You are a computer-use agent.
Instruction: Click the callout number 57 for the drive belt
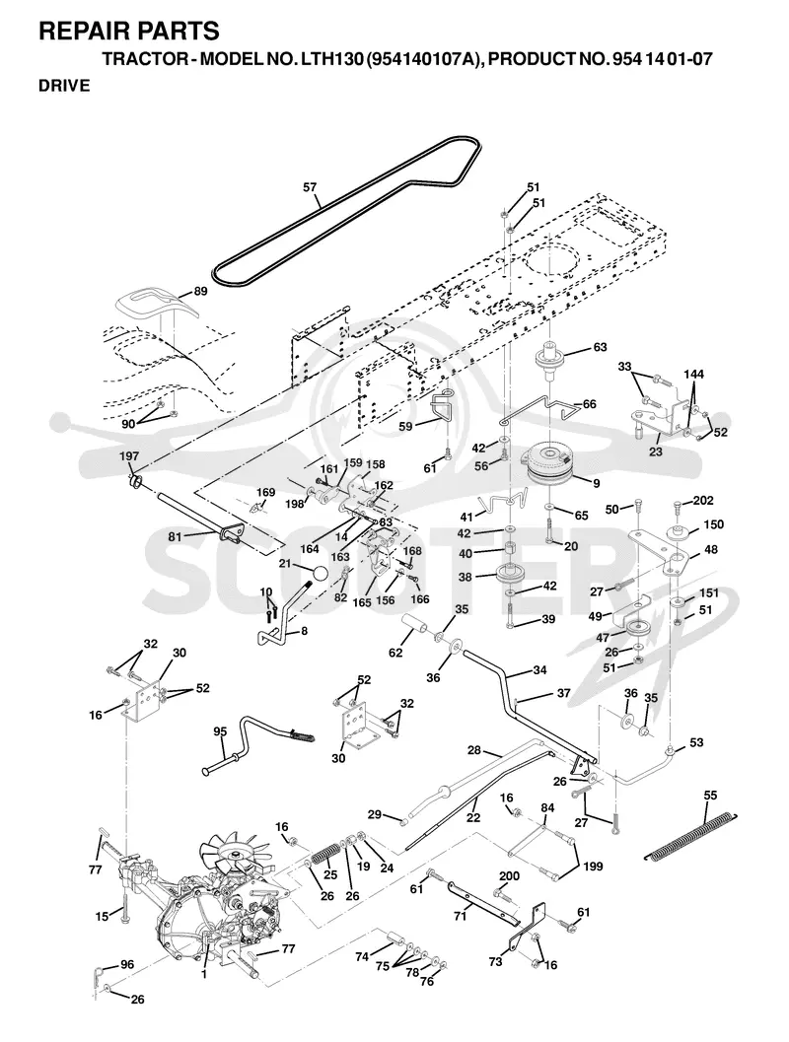(x=310, y=187)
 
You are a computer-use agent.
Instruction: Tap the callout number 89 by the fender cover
(x=200, y=291)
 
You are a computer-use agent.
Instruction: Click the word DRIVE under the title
(x=64, y=86)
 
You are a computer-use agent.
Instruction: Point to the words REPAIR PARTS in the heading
(x=129, y=32)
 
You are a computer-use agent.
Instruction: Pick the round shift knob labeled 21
(x=320, y=572)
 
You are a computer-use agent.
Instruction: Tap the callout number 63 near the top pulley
(x=600, y=347)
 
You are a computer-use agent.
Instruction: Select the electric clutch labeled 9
(x=547, y=467)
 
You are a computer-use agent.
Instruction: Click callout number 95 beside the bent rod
(x=220, y=731)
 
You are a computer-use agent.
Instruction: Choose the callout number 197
(x=129, y=455)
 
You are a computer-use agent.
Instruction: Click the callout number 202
(x=702, y=501)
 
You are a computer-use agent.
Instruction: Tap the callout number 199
(x=593, y=867)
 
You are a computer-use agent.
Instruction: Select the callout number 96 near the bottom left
(x=127, y=964)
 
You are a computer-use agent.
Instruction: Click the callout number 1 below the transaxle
(x=204, y=974)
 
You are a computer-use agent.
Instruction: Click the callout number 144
(x=694, y=375)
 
